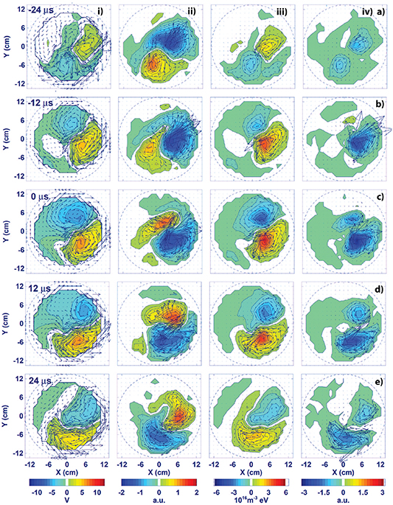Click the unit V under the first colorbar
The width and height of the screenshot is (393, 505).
pyautogui.click(x=67, y=498)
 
